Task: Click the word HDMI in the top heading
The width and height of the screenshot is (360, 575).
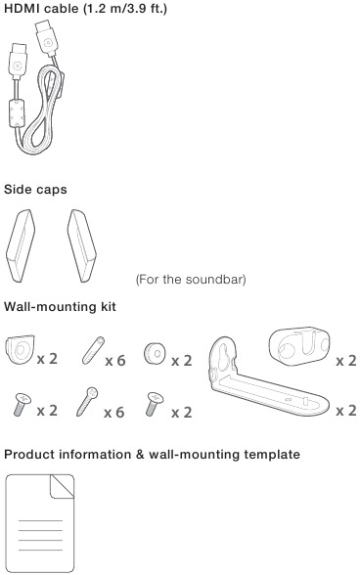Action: pyautogui.click(x=22, y=8)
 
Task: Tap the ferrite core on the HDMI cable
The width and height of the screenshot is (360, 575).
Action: pyautogui.click(x=17, y=114)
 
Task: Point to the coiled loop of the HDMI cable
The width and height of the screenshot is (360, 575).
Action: pyautogui.click(x=43, y=110)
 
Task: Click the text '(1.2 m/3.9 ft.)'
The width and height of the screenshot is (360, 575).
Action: pyautogui.click(x=125, y=9)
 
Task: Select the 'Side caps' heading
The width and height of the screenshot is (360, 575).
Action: pyautogui.click(x=35, y=190)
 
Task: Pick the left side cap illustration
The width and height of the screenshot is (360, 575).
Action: pyautogui.click(x=21, y=245)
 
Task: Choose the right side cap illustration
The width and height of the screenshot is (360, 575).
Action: pyautogui.click(x=82, y=245)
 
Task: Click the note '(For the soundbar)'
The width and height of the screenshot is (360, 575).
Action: pyautogui.click(x=191, y=280)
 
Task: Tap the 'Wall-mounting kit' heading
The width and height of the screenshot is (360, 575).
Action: pyautogui.click(x=60, y=306)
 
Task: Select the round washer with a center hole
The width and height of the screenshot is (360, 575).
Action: pyautogui.click(x=155, y=353)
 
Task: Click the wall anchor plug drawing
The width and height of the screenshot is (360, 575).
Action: pyautogui.click(x=93, y=350)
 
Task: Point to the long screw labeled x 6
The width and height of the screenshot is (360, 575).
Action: pyautogui.click(x=87, y=402)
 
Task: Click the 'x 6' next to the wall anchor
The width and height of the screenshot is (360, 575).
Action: pyautogui.click(x=115, y=361)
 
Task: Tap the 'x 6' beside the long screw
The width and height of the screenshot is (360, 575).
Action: pyautogui.click(x=114, y=413)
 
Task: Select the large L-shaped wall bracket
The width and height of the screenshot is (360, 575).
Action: pyautogui.click(x=268, y=378)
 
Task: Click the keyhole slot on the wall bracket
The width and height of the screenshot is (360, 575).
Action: pyautogui.click(x=223, y=358)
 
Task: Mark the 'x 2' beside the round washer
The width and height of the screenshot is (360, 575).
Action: pyautogui.click(x=182, y=361)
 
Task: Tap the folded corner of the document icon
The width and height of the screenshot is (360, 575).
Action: pyautogui.click(x=62, y=487)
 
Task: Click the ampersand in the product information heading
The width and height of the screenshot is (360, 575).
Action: pyautogui.click(x=140, y=455)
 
